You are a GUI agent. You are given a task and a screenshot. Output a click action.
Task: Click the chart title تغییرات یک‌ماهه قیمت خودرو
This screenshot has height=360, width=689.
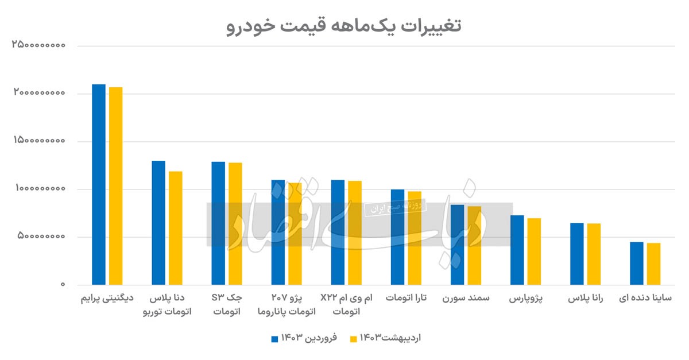(344, 26)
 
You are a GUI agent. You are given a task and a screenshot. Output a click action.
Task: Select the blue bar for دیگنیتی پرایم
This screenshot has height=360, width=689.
(99, 184)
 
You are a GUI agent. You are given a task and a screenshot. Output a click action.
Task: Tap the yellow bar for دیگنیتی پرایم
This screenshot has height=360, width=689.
(115, 185)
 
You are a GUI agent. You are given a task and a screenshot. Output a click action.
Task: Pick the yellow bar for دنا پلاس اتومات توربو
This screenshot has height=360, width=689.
(175, 227)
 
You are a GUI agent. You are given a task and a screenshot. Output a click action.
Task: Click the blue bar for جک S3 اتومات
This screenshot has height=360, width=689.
(218, 223)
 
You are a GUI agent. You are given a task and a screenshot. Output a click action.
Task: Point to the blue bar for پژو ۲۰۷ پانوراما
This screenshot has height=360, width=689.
(278, 232)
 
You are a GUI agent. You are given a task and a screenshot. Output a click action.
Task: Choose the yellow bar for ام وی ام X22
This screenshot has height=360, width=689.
(355, 233)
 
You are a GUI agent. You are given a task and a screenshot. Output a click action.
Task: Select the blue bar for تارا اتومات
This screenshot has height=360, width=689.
(397, 237)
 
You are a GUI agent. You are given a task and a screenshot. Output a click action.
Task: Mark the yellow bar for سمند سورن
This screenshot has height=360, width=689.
(474, 245)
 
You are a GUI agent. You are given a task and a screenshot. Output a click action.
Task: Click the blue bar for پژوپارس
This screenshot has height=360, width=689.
(517, 250)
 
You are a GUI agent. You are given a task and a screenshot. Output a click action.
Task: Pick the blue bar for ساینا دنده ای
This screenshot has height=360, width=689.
(637, 263)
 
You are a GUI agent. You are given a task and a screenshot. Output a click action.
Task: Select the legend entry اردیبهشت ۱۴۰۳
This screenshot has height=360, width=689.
(386, 338)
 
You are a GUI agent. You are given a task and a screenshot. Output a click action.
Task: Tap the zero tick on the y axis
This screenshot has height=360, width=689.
(63, 285)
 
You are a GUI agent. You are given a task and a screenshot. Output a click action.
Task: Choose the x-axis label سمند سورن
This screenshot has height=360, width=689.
(466, 299)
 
